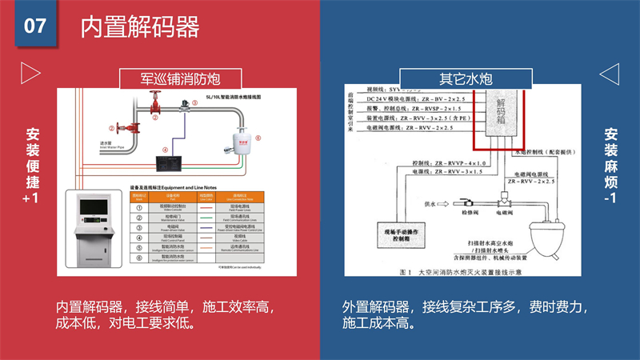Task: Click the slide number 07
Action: [x=34, y=26]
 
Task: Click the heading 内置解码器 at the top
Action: [x=139, y=27]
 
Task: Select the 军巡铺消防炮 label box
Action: [x=180, y=78]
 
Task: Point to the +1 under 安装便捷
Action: [x=30, y=198]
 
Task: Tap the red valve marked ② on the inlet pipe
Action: [x=124, y=126]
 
